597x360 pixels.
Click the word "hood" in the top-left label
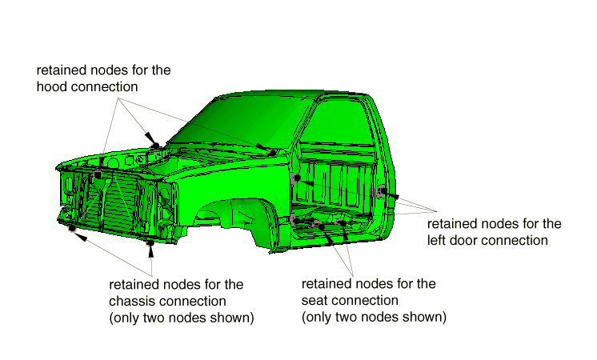point(52,86)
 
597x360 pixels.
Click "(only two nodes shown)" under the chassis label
point(181,318)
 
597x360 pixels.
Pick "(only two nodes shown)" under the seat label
point(374,317)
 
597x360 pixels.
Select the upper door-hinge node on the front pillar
point(296,177)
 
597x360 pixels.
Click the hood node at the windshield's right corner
point(272,150)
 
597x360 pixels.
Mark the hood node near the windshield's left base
point(155,146)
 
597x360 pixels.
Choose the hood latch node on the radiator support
point(98,173)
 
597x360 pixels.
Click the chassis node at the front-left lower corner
point(71,229)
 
